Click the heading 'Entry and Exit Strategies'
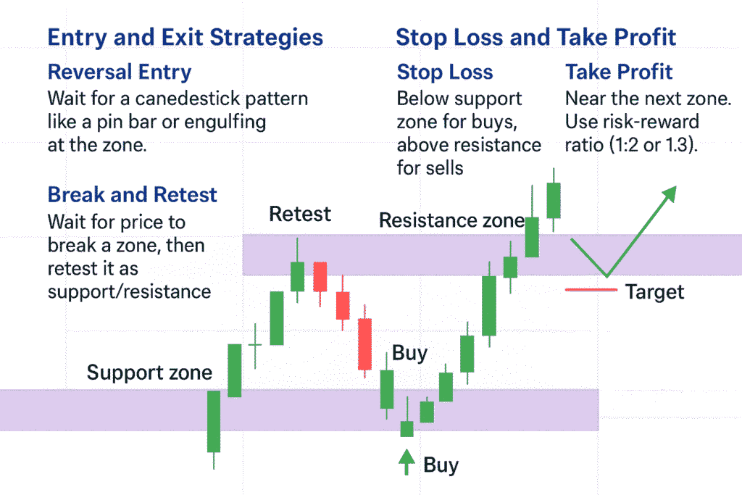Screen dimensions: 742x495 [x=185, y=38]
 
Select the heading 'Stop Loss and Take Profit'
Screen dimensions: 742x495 [x=535, y=38]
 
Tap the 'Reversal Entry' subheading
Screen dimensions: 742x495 [x=120, y=72]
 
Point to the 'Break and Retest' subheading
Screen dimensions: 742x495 [x=133, y=194]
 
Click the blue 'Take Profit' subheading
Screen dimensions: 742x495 [x=619, y=72]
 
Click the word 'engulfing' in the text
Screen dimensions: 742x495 [x=225, y=122]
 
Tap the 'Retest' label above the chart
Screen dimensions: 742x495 [x=300, y=214]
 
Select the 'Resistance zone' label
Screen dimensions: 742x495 [x=452, y=220]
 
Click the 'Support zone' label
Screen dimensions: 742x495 [x=149, y=373]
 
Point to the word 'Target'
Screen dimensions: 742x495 [x=655, y=292]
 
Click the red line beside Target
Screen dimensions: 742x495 [x=591, y=290]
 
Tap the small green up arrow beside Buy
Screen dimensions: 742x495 [x=407, y=462]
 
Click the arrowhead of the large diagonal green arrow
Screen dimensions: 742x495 [x=671, y=192]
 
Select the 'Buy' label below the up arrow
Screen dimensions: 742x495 [x=441, y=465]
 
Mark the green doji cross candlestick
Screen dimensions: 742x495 [x=255, y=345]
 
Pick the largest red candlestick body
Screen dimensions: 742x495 [x=365, y=344]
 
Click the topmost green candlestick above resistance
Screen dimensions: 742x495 [x=554, y=200]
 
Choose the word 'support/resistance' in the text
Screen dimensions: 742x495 [x=129, y=292]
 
